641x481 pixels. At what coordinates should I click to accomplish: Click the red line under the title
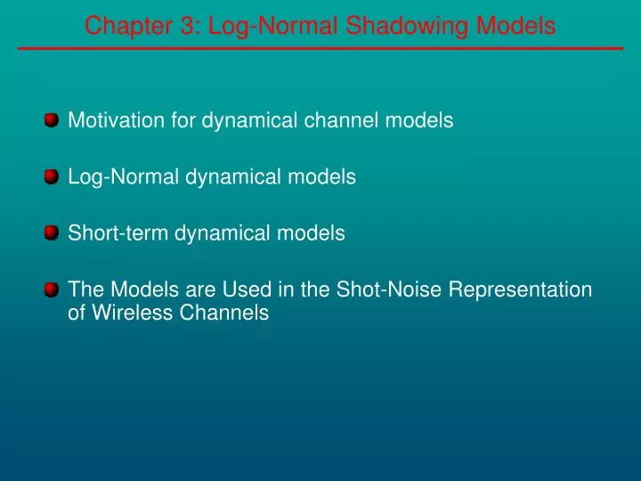(320, 48)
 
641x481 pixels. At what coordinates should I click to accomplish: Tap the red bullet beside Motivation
(52, 119)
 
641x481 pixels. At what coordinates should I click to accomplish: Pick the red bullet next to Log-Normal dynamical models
(52, 176)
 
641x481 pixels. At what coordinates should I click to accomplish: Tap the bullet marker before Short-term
(52, 232)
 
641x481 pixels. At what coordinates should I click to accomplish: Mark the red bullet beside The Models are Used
(52, 289)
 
